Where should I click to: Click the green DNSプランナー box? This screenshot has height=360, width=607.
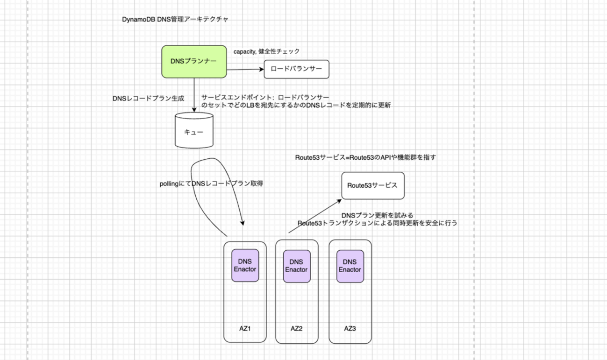tap(194, 62)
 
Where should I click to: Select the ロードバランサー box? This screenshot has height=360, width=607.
tap(296, 69)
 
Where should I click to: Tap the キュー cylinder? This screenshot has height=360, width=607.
tap(194, 132)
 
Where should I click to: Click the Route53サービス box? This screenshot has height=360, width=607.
tap(372, 185)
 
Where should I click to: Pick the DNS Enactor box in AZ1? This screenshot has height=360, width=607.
tap(245, 265)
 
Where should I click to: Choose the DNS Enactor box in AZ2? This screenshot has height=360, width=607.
tap(296, 266)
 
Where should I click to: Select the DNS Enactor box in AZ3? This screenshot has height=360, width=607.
tap(350, 266)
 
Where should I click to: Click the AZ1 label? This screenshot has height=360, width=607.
tap(245, 328)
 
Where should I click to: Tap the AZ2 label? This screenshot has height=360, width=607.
tap(296, 328)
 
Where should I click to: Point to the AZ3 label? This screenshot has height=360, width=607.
tap(350, 328)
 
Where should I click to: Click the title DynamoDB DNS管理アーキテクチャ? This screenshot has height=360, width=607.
tap(175, 20)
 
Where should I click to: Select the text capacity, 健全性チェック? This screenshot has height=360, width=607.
tap(266, 51)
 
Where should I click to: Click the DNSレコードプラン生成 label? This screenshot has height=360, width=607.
tap(148, 99)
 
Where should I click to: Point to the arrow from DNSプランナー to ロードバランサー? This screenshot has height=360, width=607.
tap(245, 70)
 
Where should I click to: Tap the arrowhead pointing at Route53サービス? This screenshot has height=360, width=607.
tap(338, 201)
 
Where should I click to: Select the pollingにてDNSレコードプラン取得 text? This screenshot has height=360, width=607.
tap(212, 184)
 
